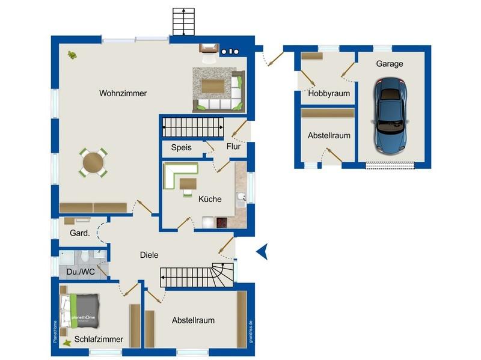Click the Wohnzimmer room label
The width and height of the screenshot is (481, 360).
pos(123,93)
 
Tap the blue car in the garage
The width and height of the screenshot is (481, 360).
pos(390,115)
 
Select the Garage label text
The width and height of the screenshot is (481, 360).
pos(390,64)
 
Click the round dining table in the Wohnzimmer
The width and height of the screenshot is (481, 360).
pos(93,162)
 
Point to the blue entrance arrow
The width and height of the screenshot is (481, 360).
pos(263,251)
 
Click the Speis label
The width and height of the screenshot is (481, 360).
pos(182,147)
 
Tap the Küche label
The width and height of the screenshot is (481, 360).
pos(210,199)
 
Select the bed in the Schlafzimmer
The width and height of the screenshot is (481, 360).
pos(80,311)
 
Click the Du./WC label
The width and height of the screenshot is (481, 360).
pos(81,272)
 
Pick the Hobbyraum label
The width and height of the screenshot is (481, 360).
pos(329,94)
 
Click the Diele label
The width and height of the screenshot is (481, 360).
pos(149,255)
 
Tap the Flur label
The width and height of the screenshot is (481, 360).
pos(233,146)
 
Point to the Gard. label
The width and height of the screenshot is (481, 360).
pos(80,233)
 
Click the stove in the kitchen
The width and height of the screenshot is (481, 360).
pos(221,222)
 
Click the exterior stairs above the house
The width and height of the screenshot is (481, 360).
pos(183,22)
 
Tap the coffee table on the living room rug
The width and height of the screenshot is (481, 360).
pos(213,86)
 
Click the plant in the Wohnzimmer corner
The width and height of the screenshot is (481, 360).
pos(72,55)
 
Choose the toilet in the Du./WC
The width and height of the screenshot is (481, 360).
pos(85,256)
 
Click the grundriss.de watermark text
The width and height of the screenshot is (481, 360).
pos(251,332)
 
